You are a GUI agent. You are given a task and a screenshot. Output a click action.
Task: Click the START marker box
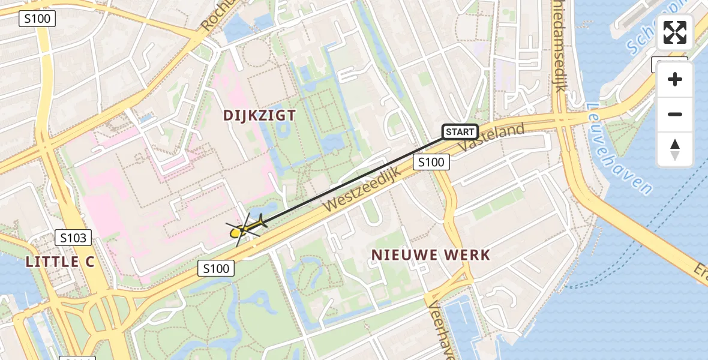[460, 131]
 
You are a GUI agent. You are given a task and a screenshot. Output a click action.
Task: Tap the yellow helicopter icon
[247, 227]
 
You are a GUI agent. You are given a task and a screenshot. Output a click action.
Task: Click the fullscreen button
[675, 32]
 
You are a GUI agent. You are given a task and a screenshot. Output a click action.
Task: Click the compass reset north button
[675, 149]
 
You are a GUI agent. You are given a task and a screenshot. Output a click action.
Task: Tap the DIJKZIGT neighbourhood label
[260, 115]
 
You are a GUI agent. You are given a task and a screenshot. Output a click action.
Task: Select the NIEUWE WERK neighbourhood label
[431, 254]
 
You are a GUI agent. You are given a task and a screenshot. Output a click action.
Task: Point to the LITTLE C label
[61, 262]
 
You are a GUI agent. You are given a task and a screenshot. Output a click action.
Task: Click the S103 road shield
[74, 238]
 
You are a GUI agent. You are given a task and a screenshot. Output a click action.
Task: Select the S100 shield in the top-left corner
[37, 19]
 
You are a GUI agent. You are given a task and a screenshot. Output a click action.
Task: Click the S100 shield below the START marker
[431, 161]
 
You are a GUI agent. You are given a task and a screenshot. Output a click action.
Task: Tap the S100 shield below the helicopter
[216, 268]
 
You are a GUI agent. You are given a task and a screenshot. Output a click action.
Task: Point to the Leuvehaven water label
[622, 150]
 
